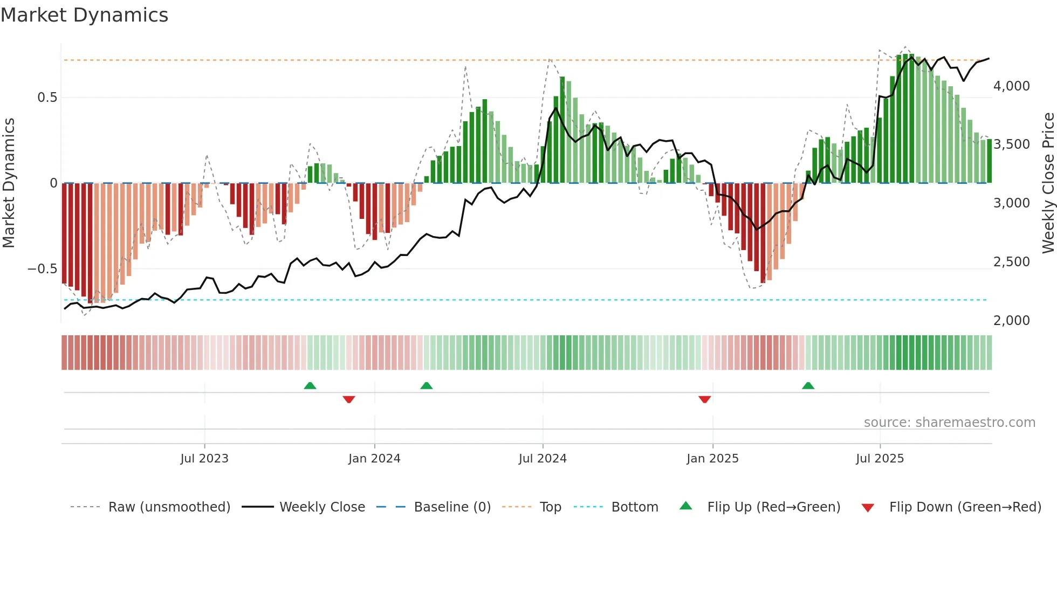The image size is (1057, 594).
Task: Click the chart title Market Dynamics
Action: tap(84, 15)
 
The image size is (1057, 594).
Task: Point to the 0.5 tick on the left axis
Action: tap(47, 98)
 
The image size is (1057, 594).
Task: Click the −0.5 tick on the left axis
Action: tap(42, 268)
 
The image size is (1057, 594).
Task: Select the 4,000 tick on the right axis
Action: tap(1011, 86)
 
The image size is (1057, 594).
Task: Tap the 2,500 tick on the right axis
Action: tap(1011, 262)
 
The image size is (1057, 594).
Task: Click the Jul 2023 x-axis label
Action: tap(204, 459)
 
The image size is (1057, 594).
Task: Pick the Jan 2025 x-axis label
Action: tap(712, 459)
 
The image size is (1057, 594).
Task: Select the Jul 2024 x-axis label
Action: tap(543, 459)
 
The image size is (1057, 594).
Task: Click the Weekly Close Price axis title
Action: tap(1048, 183)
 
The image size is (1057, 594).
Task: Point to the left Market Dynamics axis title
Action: tap(9, 183)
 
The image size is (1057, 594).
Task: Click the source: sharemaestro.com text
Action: tap(949, 423)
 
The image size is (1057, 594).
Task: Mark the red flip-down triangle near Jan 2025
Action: tap(704, 399)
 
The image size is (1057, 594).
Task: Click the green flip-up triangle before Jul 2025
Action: tap(808, 385)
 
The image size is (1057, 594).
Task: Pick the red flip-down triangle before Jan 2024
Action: tap(349, 399)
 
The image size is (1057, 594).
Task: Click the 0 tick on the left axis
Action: tap(53, 183)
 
